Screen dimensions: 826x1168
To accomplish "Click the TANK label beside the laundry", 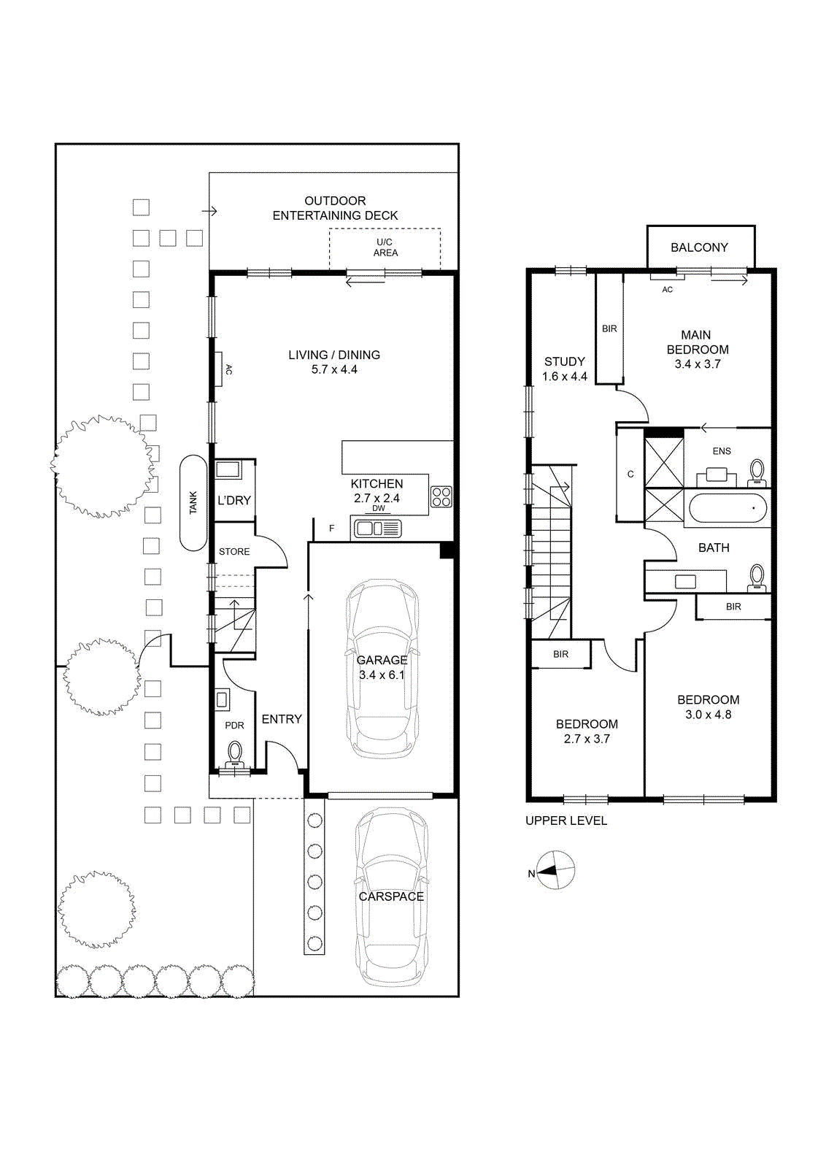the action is point(193,503).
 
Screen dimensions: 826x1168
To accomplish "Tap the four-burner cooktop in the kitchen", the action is point(441,496).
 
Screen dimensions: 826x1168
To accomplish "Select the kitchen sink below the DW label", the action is point(378,529).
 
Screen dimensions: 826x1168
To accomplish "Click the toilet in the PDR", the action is point(235,755).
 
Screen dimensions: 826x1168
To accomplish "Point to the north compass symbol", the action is point(556,869).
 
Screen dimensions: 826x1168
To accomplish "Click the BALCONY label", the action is point(699,247).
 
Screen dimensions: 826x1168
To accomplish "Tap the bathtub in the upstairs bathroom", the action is point(728,508).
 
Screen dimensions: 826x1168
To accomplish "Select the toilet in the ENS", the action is point(757,472).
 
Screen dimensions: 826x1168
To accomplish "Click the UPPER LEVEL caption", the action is point(566,821).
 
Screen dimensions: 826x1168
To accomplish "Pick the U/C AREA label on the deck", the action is point(385,247).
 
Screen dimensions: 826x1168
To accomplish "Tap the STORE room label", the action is point(234,552).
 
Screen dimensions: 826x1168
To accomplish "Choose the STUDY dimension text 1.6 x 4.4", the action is point(564,377).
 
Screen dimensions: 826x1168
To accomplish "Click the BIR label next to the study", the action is point(609,328).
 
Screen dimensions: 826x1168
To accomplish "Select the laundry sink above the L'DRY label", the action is point(228,469).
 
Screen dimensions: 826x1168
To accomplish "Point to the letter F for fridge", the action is point(331,529).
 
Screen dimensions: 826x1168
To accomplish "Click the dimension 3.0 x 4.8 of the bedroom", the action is point(709,715).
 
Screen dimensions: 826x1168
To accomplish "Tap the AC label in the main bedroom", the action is point(667,289).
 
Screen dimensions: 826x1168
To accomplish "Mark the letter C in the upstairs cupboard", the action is point(630,474).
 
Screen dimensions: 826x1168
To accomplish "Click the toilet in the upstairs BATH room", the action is point(757,579).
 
